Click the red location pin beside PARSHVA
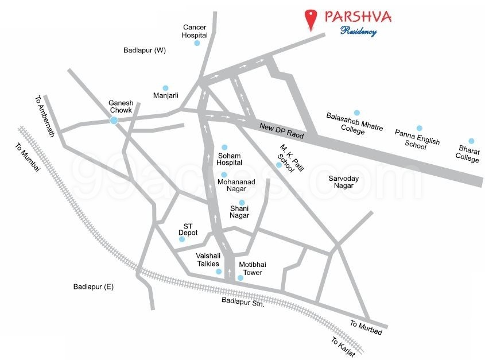pos(311,19)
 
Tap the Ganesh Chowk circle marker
pos(114,120)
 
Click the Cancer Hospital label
pos(194,31)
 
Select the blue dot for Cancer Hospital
pos(197,43)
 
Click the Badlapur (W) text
pos(145,50)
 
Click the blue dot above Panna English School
pos(419,128)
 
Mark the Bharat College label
pos(468,154)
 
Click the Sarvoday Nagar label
pos(344,182)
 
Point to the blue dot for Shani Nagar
pos(242,202)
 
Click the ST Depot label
pos(190,229)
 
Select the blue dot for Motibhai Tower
pos(240,278)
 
